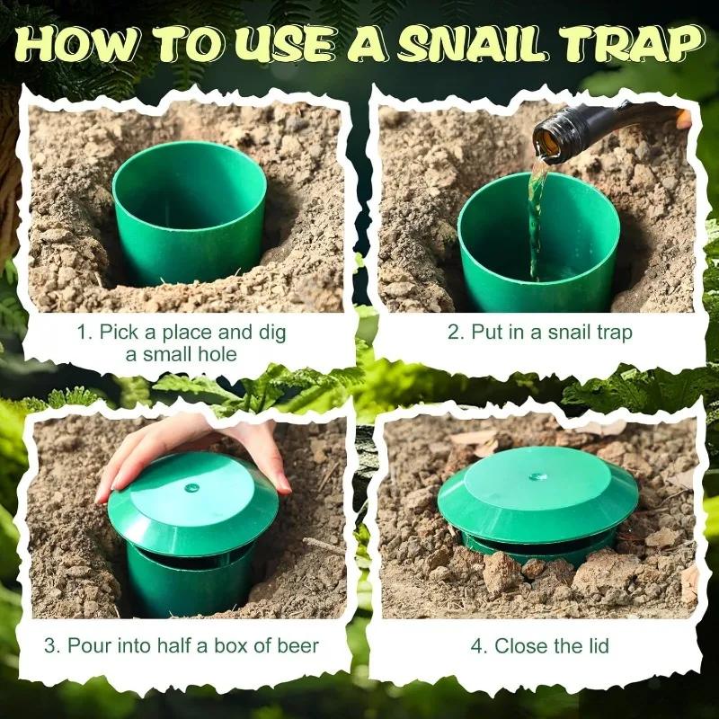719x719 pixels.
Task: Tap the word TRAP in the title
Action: (628, 42)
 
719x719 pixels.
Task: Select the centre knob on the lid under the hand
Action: (191, 487)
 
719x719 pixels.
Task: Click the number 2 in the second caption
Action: (453, 333)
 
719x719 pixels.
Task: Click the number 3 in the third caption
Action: (49, 645)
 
